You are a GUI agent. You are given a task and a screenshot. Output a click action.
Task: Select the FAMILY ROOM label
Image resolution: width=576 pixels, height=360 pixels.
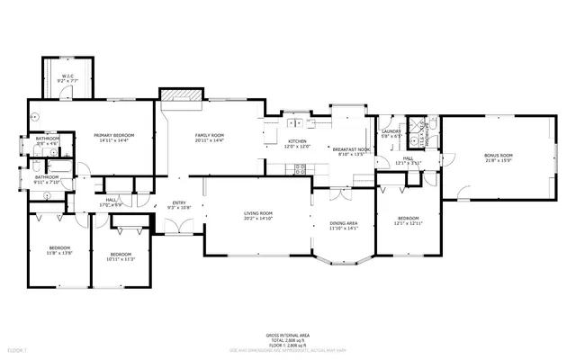(x=209, y=136)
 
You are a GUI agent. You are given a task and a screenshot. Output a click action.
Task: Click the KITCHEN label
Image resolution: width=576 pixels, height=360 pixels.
(x=298, y=141)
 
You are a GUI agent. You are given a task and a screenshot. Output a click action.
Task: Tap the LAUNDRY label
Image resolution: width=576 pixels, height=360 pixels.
(x=391, y=131)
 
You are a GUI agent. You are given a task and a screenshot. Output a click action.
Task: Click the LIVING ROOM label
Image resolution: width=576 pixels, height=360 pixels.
(x=258, y=213)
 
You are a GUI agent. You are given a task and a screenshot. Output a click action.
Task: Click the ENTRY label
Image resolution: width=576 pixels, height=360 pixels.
(x=180, y=203)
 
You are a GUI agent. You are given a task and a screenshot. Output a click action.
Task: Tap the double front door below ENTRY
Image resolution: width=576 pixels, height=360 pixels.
(x=180, y=227)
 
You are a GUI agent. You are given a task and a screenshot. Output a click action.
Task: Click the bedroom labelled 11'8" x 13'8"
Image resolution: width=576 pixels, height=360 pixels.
(x=59, y=249)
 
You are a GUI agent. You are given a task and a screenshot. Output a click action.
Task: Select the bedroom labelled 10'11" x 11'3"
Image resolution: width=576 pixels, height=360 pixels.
(x=121, y=257)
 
